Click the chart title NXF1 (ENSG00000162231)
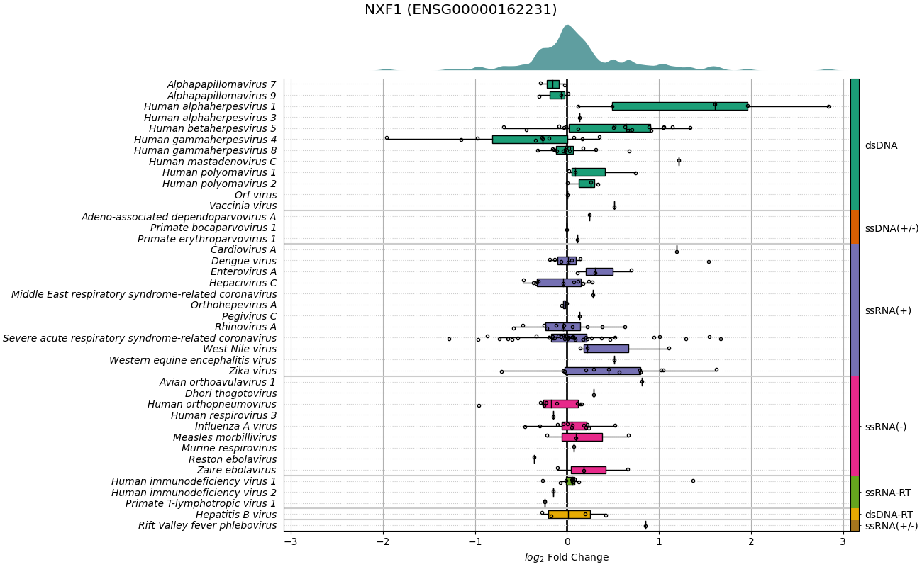point(460,9)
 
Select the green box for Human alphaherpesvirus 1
point(680,106)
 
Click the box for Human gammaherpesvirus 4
point(531,140)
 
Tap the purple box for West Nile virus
point(606,349)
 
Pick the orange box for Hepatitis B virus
point(570,515)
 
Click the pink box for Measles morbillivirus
point(582,437)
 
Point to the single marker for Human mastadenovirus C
point(679,162)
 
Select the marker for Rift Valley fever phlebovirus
point(645,526)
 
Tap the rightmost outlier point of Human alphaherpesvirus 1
point(828,106)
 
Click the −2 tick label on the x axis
point(383,541)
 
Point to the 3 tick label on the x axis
point(843,541)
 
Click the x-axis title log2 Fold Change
point(567,557)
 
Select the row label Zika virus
point(252,371)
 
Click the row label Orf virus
point(255,195)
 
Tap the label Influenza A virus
point(236,426)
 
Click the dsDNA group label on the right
point(882,145)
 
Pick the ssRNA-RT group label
point(888,493)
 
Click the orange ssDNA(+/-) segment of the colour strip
point(855,227)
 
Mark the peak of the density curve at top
point(567,25)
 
